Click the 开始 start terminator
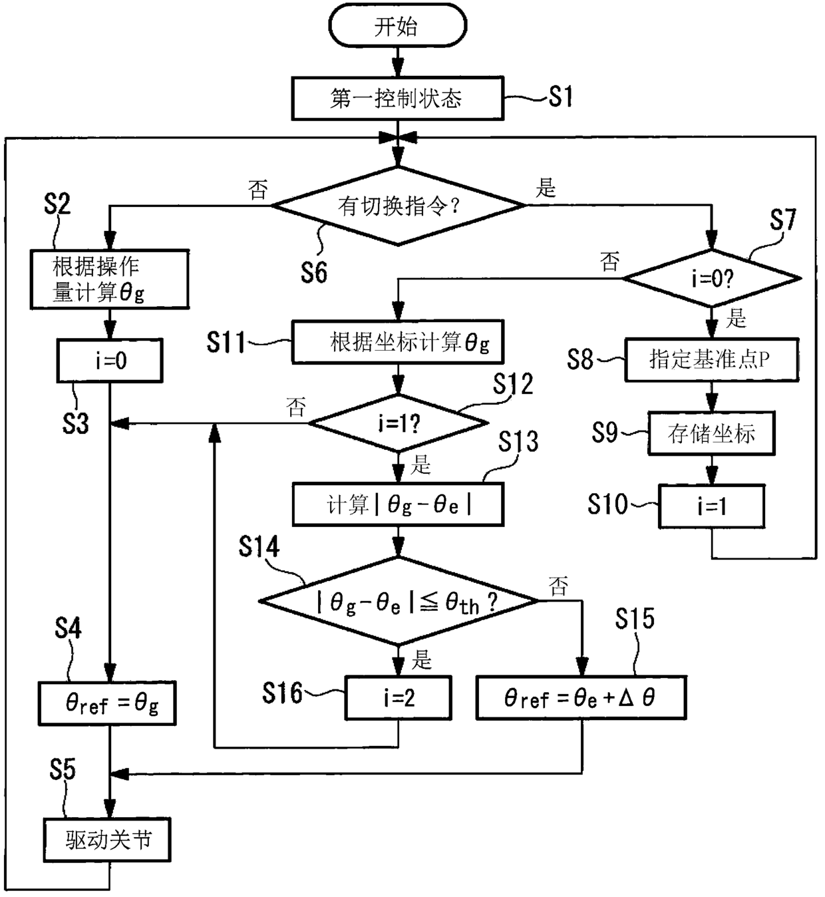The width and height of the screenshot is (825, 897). pos(397,25)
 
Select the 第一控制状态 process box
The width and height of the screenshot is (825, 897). pos(397,98)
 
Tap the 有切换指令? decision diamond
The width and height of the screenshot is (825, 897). pos(399,206)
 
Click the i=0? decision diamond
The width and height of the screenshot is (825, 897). pos(711,278)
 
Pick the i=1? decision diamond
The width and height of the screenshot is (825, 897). pos(398,423)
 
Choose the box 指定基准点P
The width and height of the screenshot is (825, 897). pos(711,359)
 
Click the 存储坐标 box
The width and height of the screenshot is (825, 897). pos(711,433)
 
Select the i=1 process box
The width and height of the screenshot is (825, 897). pos(711,506)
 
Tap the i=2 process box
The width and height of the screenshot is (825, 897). pos(398,697)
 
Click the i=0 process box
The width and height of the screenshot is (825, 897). pos(110,361)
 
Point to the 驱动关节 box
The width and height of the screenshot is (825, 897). pos(107,840)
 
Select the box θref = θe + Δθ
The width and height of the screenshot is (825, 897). pos(581,697)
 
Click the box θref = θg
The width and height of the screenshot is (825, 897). pos(107,703)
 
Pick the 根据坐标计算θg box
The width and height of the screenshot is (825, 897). pos(397,342)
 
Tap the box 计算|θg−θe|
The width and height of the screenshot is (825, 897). pos(398,504)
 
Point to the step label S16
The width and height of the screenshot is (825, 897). pos(282,693)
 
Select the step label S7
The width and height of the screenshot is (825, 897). pos(783,220)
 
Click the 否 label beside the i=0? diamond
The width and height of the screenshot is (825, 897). pos(610,262)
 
